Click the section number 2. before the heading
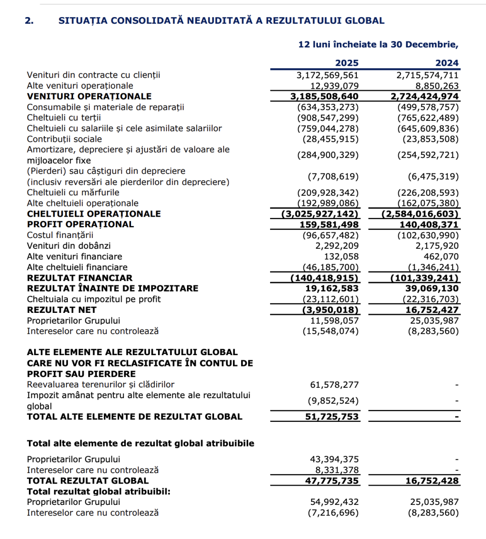click(x=29, y=20)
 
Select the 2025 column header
click(x=347, y=63)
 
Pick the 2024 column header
click(x=447, y=63)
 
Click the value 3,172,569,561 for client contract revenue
click(x=327, y=75)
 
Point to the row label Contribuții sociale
click(x=65, y=139)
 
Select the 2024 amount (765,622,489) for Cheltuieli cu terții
click(x=428, y=118)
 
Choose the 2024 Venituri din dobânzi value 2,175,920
click(x=435, y=246)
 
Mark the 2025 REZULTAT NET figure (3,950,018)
click(x=331, y=310)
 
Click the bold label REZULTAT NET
click(x=62, y=310)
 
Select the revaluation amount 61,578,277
click(x=334, y=384)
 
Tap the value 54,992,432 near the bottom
click(x=334, y=502)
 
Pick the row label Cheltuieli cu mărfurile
click(x=73, y=192)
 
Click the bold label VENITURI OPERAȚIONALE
click(x=89, y=96)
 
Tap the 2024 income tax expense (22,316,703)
click(x=431, y=299)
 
